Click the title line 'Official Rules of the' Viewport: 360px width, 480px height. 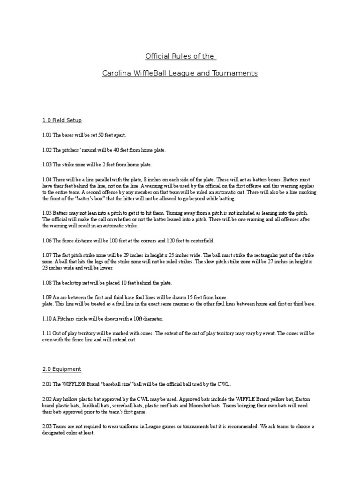(180, 57)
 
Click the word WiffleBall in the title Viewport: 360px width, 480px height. (148, 74)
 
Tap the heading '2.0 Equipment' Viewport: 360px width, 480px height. (61, 369)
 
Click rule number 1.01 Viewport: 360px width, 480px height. (46, 135)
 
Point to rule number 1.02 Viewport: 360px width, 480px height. (46, 150)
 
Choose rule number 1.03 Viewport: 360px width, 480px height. (46, 165)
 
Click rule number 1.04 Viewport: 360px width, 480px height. (46, 180)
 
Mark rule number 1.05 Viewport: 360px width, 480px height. (46, 213)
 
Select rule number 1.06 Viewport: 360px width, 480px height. (46, 241)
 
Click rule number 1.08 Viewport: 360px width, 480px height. (46, 283)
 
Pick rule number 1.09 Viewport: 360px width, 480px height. (46, 298)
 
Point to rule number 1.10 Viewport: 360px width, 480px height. (46, 319)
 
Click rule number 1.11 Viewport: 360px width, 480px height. (46, 333)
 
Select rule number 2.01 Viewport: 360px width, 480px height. (46, 384)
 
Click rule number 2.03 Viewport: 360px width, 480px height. (46, 427)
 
